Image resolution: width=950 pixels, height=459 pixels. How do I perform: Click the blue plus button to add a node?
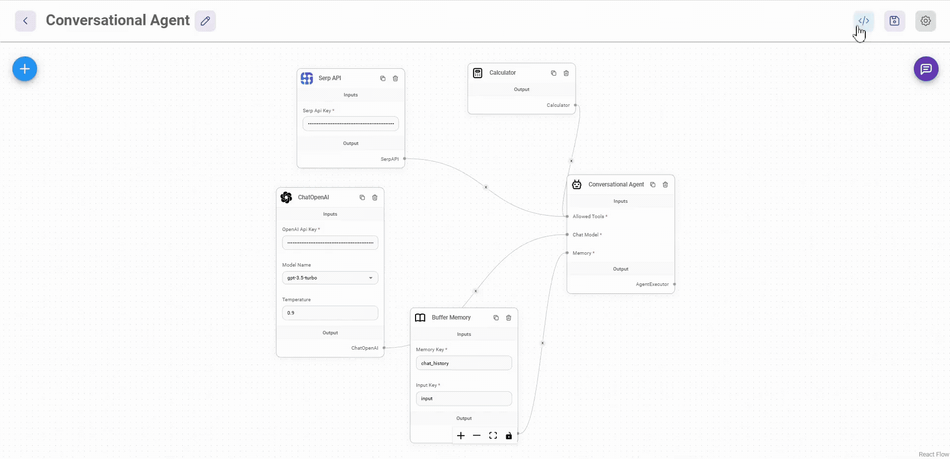click(25, 69)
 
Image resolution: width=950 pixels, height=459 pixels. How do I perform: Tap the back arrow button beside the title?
click(25, 21)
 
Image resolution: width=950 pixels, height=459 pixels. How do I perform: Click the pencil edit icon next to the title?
click(205, 21)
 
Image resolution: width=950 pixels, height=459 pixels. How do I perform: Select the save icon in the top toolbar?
click(894, 21)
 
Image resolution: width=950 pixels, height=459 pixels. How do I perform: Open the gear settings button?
click(925, 21)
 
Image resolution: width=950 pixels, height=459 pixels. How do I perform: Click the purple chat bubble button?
click(926, 69)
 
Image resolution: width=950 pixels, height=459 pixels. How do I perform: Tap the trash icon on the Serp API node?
click(395, 78)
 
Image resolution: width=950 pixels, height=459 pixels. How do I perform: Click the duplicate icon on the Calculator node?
click(553, 73)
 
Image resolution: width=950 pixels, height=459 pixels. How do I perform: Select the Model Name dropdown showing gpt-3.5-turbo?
click(330, 278)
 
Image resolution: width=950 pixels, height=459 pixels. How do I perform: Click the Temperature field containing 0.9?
click(330, 313)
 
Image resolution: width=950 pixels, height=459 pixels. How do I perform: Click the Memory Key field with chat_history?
click(464, 363)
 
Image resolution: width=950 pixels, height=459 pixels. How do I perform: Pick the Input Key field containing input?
click(464, 399)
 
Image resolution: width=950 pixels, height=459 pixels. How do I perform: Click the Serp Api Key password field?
click(351, 124)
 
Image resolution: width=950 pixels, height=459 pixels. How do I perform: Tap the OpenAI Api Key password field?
click(330, 243)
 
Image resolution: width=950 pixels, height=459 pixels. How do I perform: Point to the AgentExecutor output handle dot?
click(675, 284)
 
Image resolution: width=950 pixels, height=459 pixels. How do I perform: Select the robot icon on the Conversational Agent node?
click(577, 184)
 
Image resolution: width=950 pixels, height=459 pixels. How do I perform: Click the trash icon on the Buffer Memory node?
click(509, 318)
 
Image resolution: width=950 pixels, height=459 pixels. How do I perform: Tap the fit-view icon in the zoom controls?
click(493, 436)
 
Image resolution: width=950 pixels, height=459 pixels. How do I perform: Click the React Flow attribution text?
click(934, 455)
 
